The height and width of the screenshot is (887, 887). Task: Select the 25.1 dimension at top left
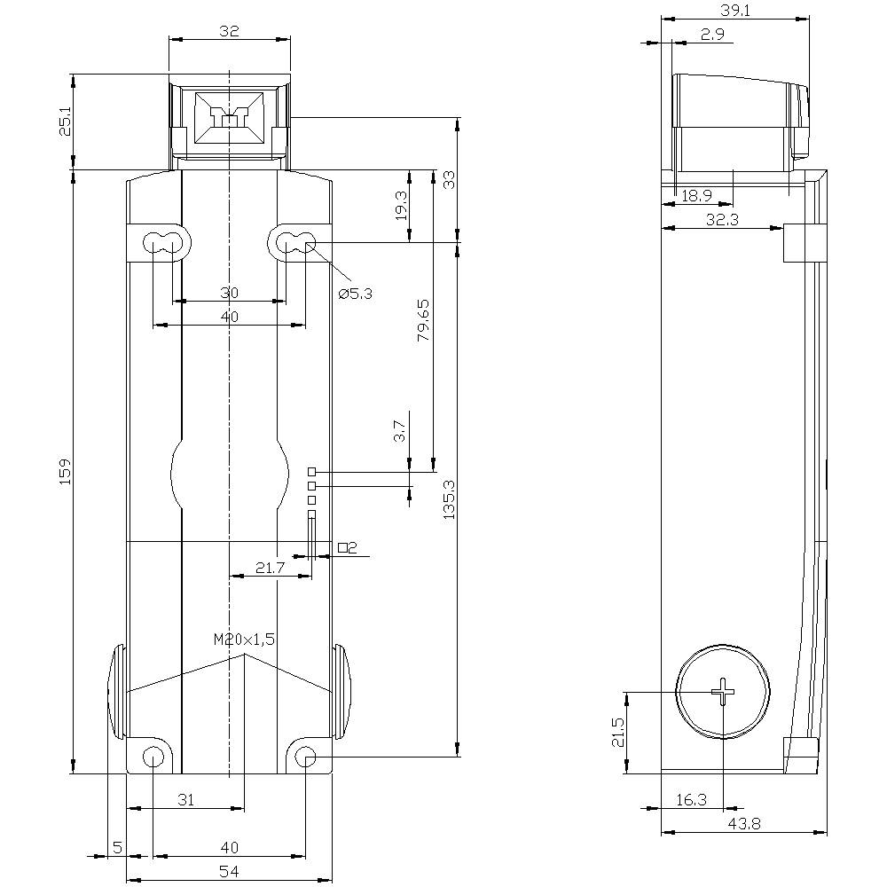click(65, 122)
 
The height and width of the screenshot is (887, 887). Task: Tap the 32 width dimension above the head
click(229, 31)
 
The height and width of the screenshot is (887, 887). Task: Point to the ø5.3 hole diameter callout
click(356, 294)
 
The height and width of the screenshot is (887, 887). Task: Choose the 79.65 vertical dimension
click(423, 320)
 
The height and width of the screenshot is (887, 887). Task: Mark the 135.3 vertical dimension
click(448, 499)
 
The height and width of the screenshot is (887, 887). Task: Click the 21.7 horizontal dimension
click(269, 568)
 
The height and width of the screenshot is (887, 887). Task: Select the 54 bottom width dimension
click(229, 872)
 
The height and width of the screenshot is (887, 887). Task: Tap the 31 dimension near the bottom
click(185, 800)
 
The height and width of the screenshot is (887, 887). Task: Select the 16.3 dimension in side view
click(691, 800)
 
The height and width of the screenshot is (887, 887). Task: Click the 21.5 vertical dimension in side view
click(618, 733)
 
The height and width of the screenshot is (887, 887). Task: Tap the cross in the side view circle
click(724, 692)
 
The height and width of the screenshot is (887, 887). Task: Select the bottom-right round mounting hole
click(304, 757)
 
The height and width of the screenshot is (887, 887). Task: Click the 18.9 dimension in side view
click(696, 195)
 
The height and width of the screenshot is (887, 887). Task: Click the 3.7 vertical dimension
click(400, 432)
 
